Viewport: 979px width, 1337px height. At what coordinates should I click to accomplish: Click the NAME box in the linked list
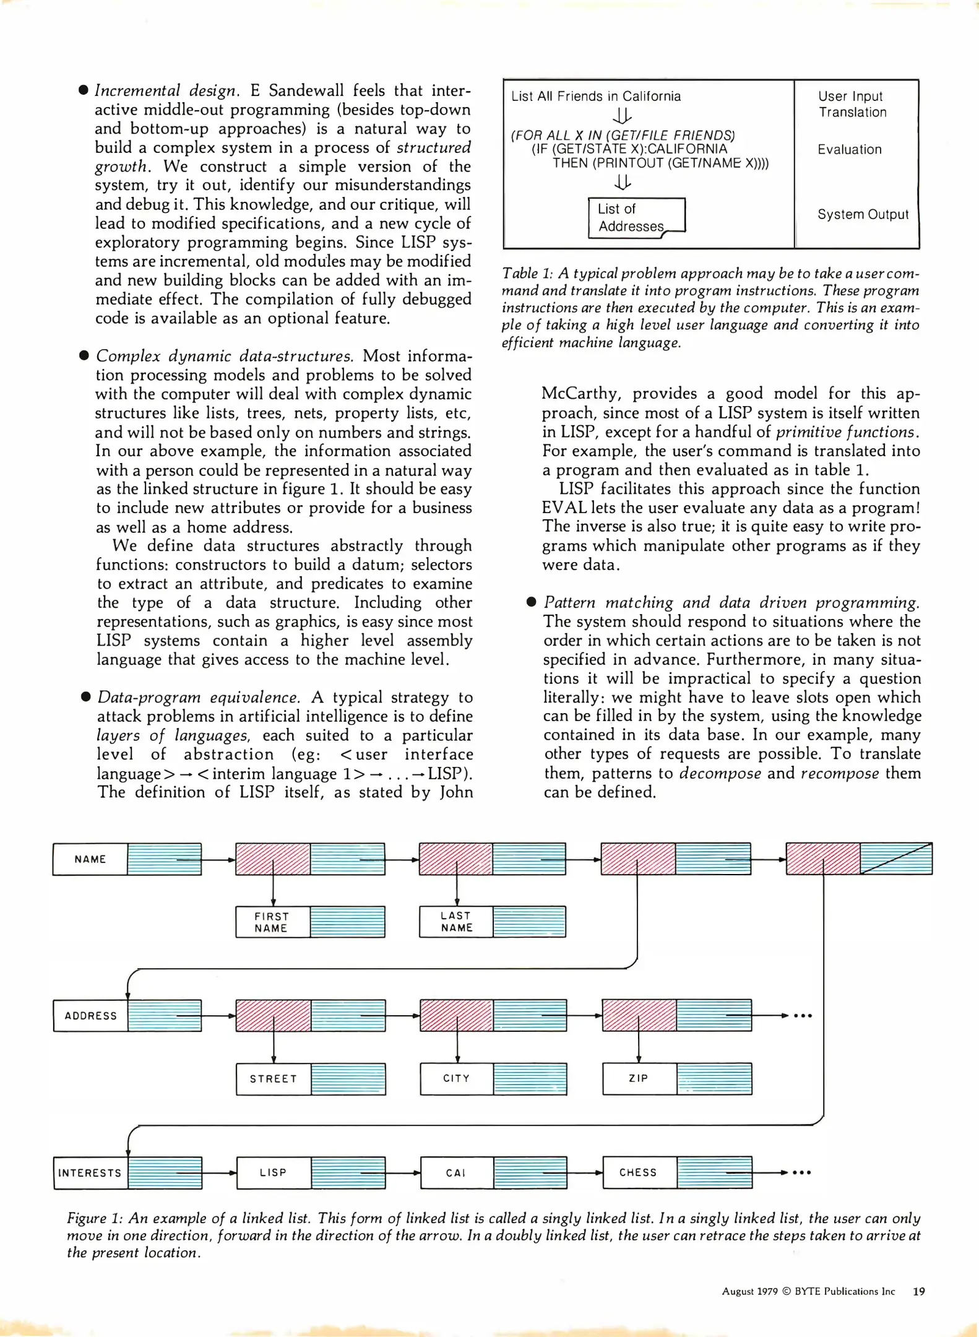(90, 859)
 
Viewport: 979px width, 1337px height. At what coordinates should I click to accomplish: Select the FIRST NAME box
(272, 922)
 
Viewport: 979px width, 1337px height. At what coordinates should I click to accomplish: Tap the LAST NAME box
(456, 921)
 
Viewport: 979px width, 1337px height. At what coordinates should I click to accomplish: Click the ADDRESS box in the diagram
(90, 1015)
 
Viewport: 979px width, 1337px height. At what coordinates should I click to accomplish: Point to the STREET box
(273, 1078)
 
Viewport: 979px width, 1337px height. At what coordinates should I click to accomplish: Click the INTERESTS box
(90, 1172)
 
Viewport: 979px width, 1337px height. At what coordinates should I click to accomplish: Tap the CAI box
(456, 1172)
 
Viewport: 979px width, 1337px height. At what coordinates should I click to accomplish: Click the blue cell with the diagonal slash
(895, 859)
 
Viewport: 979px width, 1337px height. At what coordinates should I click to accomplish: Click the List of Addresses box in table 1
(636, 217)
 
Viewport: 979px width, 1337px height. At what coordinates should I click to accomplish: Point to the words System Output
(863, 214)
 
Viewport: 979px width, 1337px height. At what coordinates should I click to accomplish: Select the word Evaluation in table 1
(849, 149)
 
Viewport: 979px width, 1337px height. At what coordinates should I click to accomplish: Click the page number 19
(919, 1291)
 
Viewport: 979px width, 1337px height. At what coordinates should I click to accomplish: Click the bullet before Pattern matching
(531, 602)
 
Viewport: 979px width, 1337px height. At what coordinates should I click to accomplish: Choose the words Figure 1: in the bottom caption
(93, 1218)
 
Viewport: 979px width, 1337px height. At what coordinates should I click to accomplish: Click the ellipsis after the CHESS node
(802, 1172)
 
